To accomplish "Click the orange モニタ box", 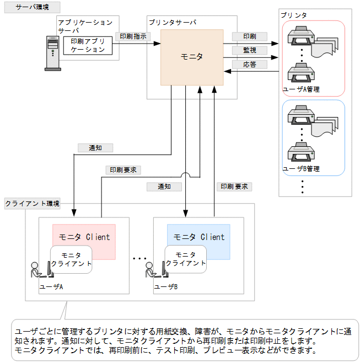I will [192, 57].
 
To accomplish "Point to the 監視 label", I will [249, 50].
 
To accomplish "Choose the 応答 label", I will [249, 65].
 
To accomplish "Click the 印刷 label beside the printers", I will [249, 36].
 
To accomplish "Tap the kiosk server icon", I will [52, 53].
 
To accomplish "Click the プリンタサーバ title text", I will [172, 23].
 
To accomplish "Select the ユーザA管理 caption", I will [301, 89].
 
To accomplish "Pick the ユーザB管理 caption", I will [301, 168].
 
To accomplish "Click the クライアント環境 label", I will [32, 203].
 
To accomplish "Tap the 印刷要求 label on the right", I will [234, 187].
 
